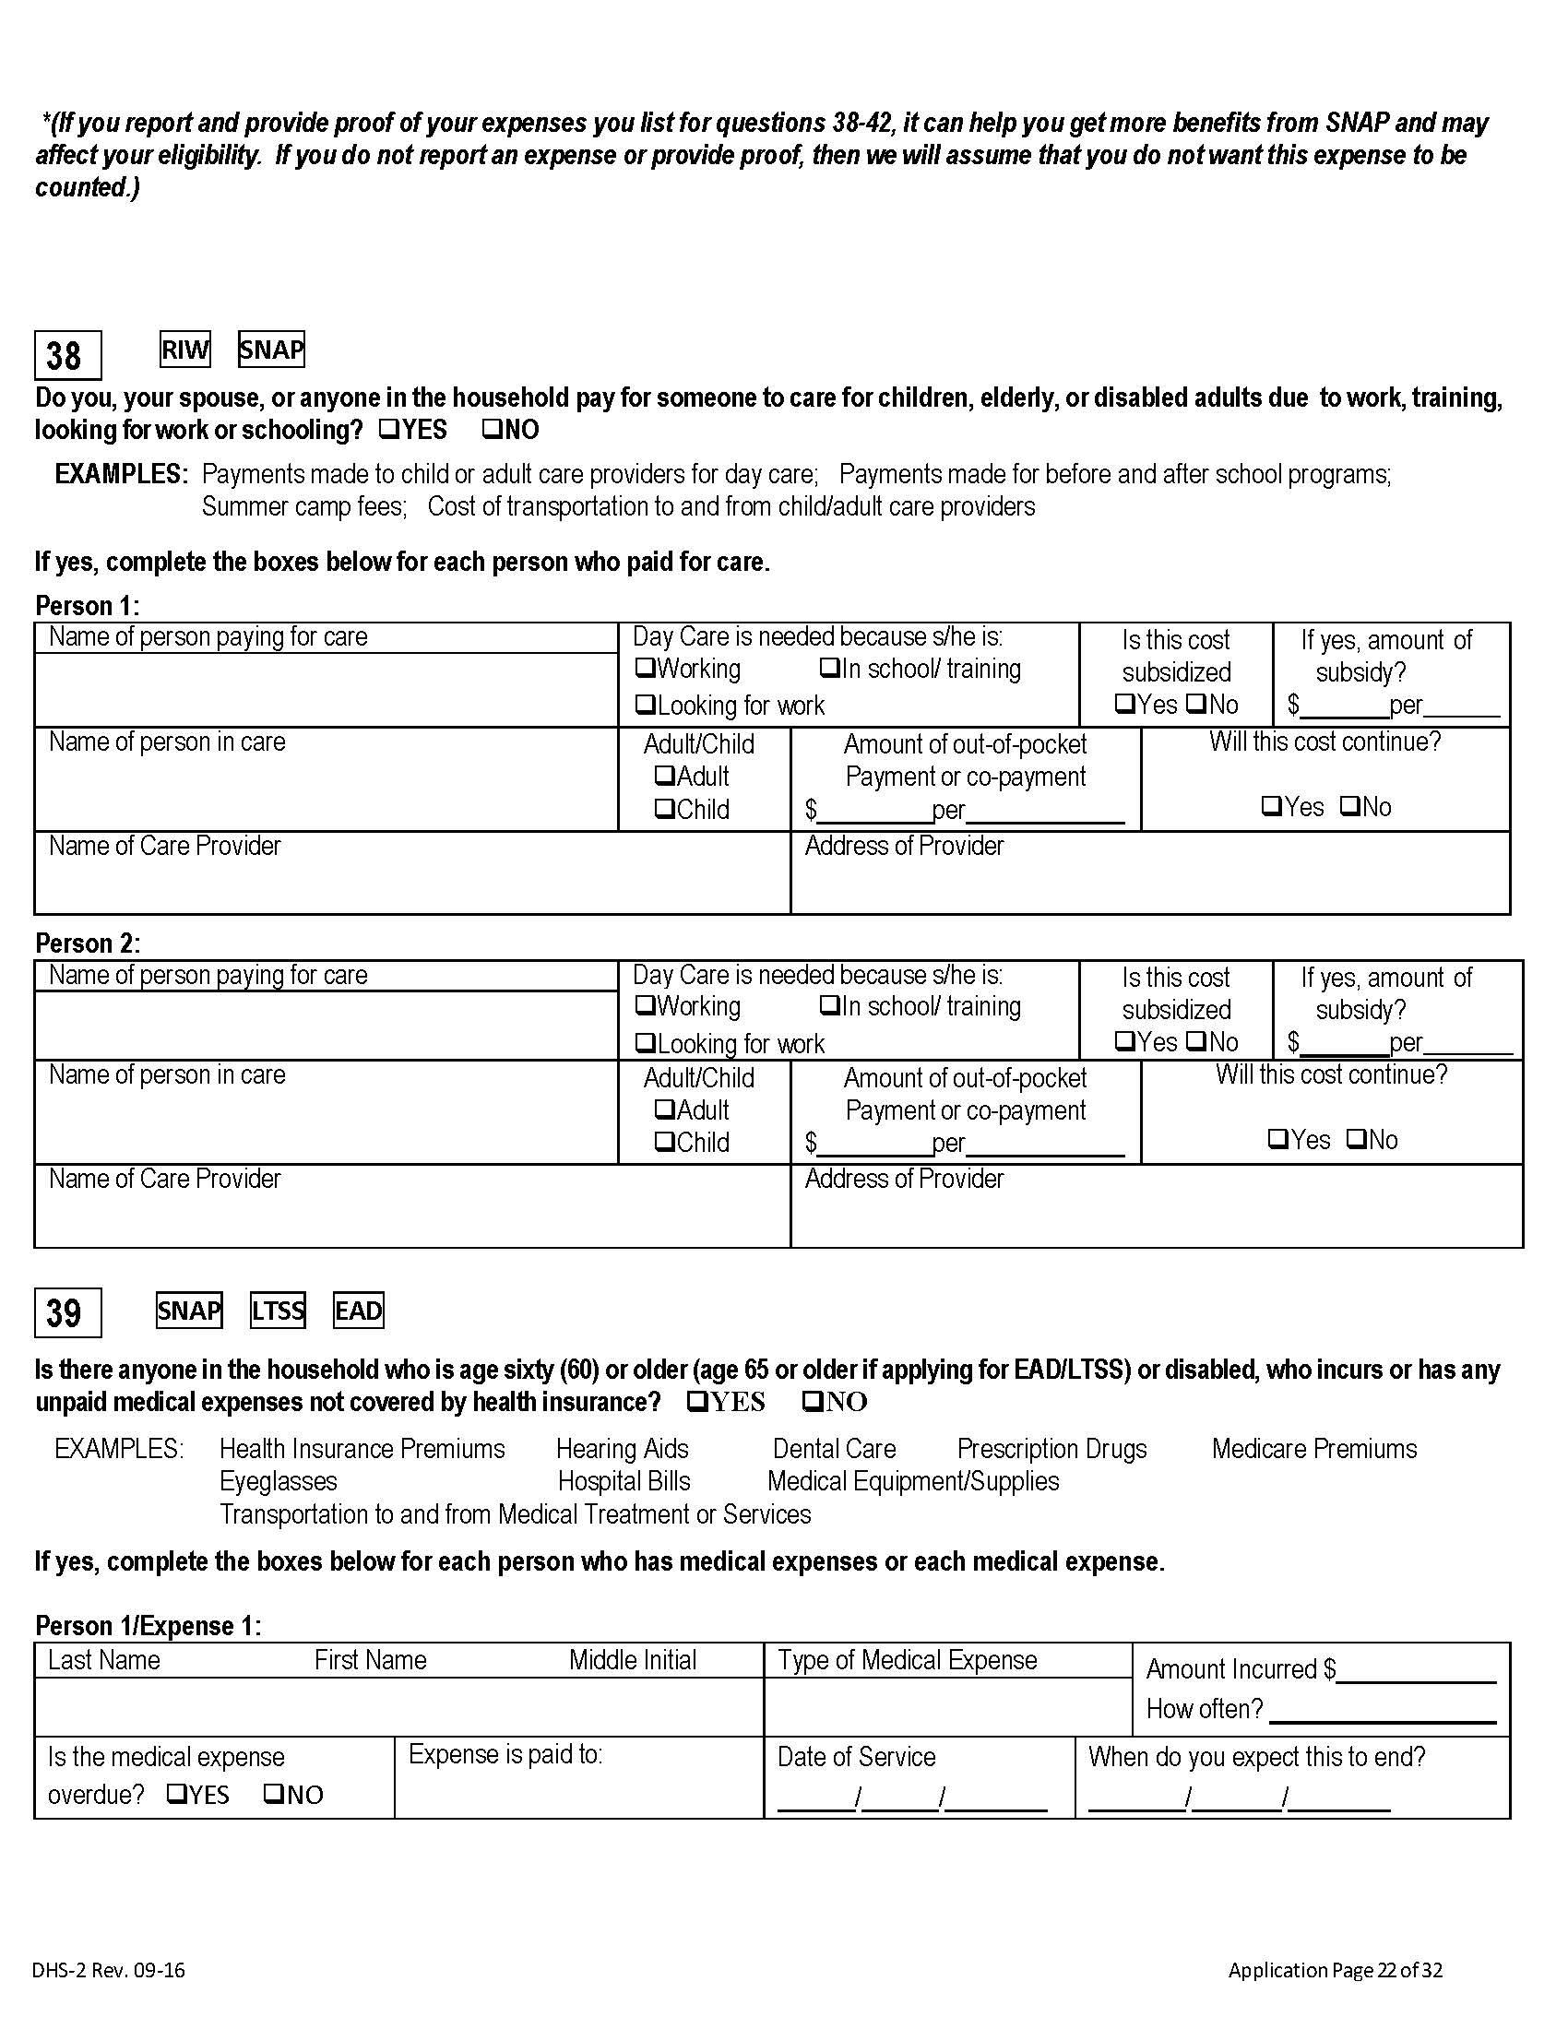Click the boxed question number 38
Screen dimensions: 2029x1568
tap(67, 355)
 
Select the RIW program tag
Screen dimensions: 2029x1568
tap(184, 350)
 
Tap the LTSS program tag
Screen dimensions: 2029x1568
tap(278, 1311)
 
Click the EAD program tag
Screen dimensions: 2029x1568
tap(358, 1311)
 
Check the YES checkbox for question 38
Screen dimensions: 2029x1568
tap(390, 430)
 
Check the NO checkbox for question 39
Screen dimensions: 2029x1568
tap(813, 1402)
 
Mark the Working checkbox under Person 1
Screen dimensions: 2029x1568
tap(645, 669)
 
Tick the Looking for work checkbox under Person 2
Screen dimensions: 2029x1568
tap(645, 1043)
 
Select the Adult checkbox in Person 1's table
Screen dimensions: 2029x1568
tap(665, 776)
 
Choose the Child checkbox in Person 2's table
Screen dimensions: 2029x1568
tap(665, 1142)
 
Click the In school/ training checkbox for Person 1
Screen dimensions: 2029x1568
tap(829, 669)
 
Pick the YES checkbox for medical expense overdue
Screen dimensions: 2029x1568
tap(176, 1794)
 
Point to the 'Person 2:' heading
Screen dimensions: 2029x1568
tap(88, 943)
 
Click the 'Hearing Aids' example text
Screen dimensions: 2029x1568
tap(622, 1448)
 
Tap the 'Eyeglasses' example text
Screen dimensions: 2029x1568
tap(278, 1481)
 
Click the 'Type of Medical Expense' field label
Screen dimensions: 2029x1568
tap(907, 1660)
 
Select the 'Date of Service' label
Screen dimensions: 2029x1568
tap(856, 1757)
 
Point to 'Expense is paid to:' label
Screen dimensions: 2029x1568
tap(505, 1754)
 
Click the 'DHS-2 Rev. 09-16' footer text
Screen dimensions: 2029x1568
tap(108, 1971)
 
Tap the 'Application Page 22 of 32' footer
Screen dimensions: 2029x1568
tap(1335, 1971)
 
